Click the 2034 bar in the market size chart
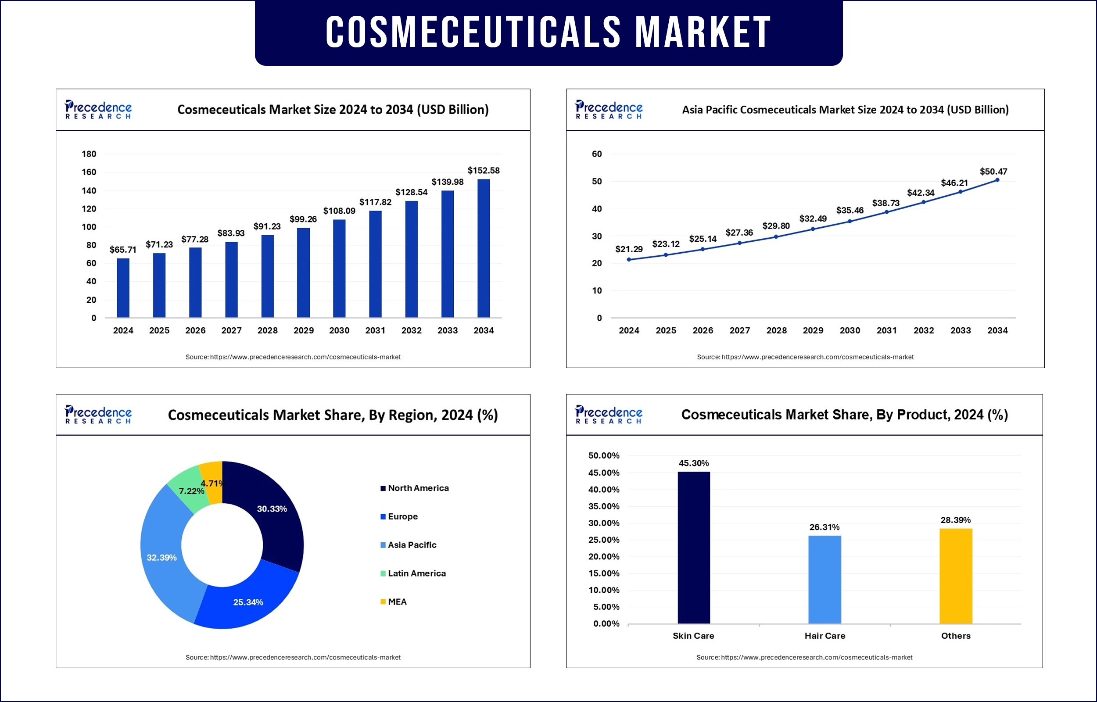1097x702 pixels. coord(484,248)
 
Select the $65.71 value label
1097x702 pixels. coord(123,250)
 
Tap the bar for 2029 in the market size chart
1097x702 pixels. coord(303,272)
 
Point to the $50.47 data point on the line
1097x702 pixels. coord(997,180)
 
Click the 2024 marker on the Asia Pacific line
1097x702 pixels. coord(629,260)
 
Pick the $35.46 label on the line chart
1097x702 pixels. coord(850,210)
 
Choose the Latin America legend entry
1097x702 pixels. coord(416,573)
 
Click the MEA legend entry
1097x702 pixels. coord(397,602)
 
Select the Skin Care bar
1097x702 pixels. coord(694,548)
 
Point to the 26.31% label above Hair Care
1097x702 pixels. coord(825,527)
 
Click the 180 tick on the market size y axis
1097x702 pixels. coord(89,154)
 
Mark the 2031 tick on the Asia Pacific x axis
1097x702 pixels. coord(886,330)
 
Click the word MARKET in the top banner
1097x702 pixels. coord(703,32)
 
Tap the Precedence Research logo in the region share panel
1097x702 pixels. coord(98,414)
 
